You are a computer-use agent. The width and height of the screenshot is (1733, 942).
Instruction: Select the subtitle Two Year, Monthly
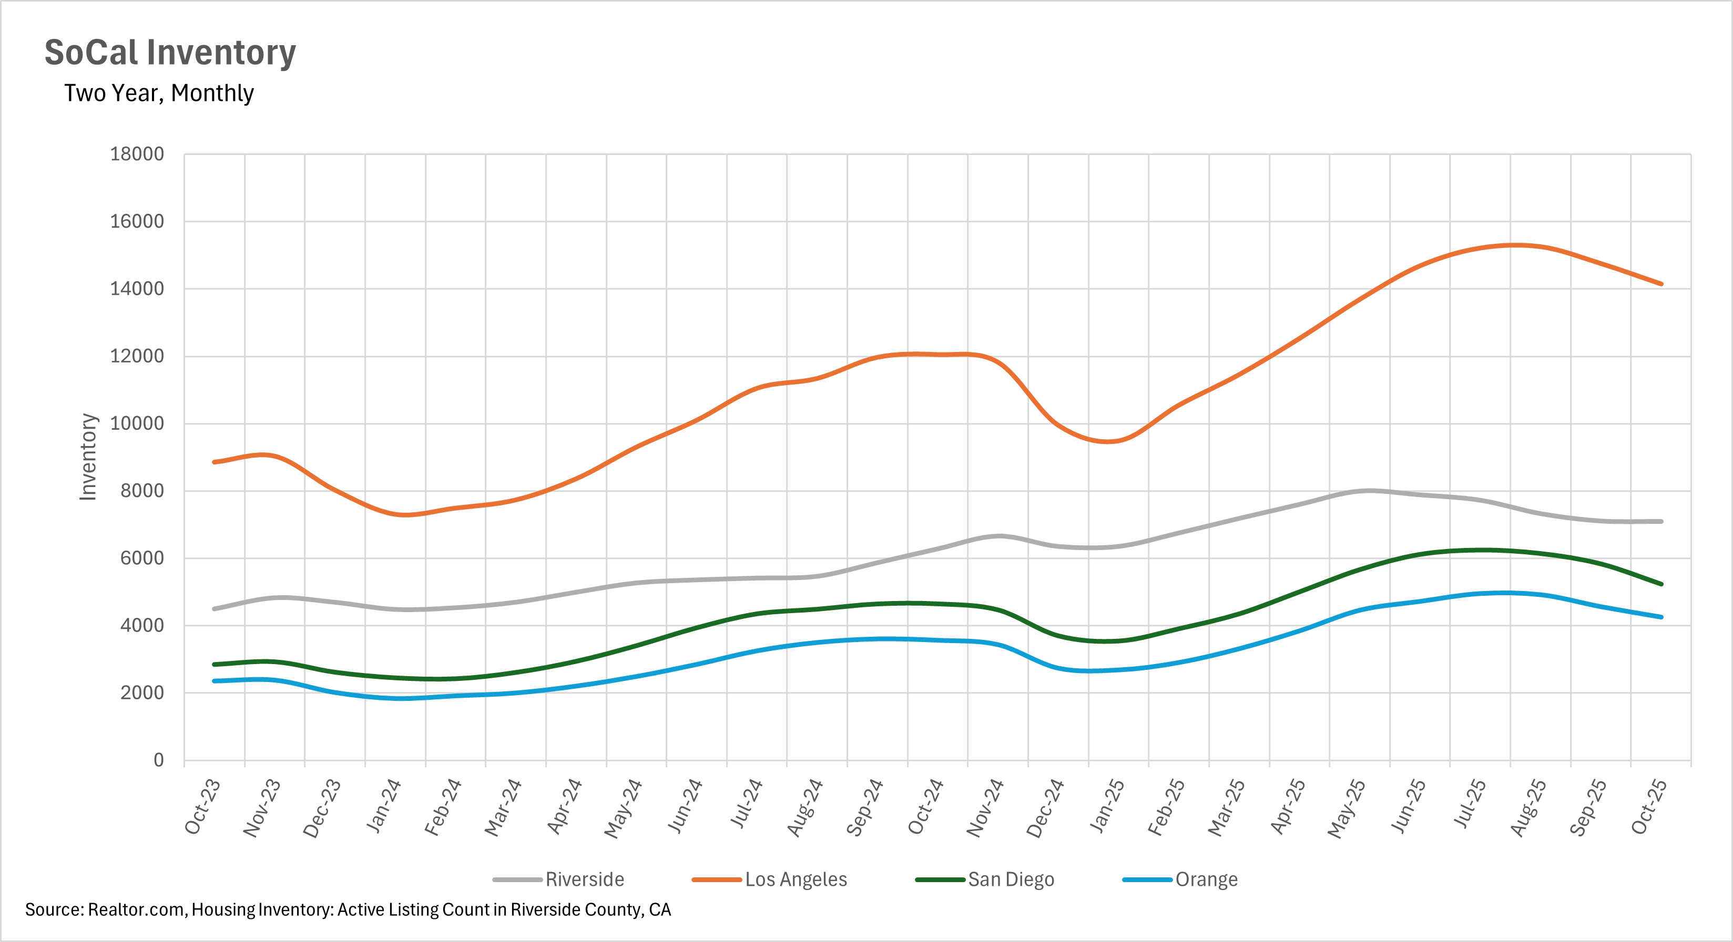(x=159, y=93)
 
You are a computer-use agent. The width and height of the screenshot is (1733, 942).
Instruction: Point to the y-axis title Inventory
(x=88, y=457)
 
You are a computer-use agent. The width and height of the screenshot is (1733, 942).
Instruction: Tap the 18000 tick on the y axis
(x=137, y=154)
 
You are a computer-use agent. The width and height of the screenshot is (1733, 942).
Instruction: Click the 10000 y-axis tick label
(x=137, y=423)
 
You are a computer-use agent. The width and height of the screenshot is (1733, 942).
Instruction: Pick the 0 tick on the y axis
(x=159, y=760)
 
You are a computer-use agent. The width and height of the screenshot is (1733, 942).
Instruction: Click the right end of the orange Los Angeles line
(x=1661, y=284)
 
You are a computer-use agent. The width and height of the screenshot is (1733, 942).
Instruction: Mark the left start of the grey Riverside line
(x=214, y=608)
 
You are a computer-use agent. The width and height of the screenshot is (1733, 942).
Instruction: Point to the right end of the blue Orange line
(x=1661, y=617)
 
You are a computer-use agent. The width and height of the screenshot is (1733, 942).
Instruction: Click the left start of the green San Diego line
(x=214, y=664)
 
